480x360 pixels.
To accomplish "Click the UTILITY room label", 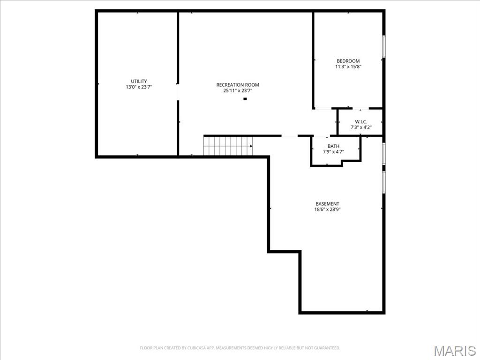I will (x=138, y=81).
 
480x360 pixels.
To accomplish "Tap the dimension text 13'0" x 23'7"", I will (x=138, y=87).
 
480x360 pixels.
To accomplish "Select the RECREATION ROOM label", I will (x=237, y=85).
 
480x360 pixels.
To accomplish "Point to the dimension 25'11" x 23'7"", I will (x=237, y=91).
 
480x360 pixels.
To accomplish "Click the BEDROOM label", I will (x=348, y=61).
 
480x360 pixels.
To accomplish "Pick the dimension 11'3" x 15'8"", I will (x=348, y=67).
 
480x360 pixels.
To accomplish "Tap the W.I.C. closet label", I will (x=360, y=121).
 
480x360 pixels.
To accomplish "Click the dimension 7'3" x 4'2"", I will (x=360, y=127).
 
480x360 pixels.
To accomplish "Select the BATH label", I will (x=333, y=146).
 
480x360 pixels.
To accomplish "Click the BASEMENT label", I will (x=327, y=204).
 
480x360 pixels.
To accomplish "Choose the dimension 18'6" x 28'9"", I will (x=327, y=210).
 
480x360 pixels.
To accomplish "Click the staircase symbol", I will (x=227, y=146).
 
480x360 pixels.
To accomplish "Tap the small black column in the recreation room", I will (x=245, y=99).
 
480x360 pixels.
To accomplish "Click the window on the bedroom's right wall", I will (x=383, y=46).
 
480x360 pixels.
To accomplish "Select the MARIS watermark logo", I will (x=454, y=351).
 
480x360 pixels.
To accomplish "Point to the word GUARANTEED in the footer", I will (x=326, y=348).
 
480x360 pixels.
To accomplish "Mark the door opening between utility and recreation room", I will (x=178, y=92).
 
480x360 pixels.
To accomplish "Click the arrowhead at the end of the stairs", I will (x=251, y=146).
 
